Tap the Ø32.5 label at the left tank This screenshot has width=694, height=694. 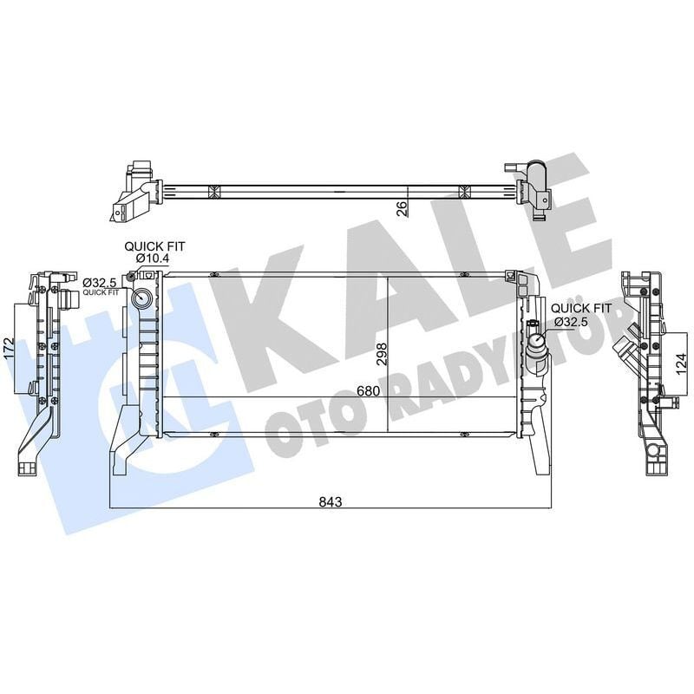[x=101, y=283]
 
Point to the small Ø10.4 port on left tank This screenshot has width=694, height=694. [x=133, y=277]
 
